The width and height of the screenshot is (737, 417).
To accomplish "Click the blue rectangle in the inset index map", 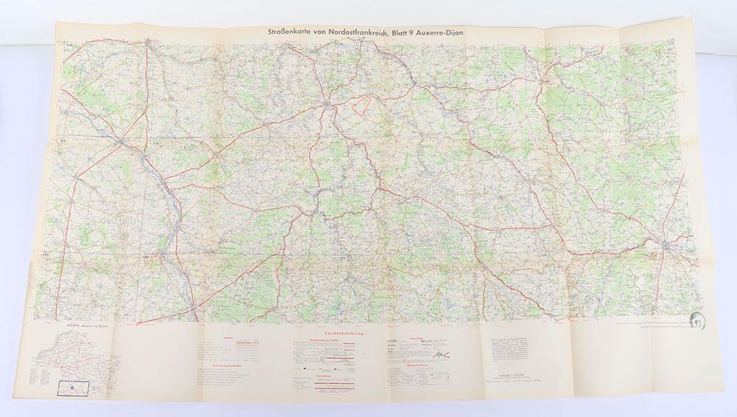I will click(x=78, y=384).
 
